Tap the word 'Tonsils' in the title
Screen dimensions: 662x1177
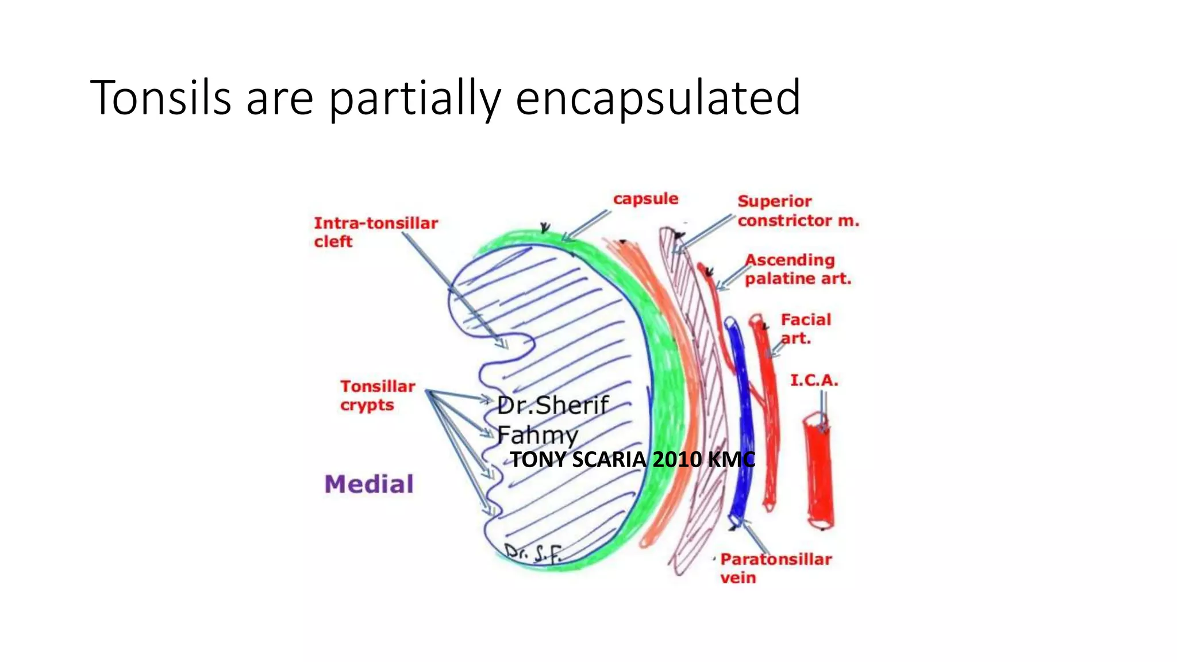click(x=161, y=98)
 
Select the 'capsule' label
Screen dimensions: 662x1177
click(x=645, y=199)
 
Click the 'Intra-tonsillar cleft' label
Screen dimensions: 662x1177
click(x=375, y=232)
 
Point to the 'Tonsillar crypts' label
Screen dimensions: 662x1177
click(x=377, y=395)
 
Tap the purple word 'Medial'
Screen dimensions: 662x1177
click(x=369, y=484)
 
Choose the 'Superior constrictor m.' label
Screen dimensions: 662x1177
click(x=798, y=211)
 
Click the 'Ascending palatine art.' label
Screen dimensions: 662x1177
click(x=797, y=270)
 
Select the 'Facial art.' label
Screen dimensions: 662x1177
click(x=805, y=328)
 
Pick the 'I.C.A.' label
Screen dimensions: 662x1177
click(x=814, y=380)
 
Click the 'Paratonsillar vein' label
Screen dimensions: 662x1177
click(x=775, y=568)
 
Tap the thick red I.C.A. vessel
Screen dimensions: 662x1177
click(x=818, y=471)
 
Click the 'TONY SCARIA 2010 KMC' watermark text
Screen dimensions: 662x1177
click(x=632, y=460)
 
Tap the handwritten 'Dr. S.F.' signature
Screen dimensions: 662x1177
click(x=532, y=553)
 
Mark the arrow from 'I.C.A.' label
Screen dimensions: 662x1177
click(x=822, y=411)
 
